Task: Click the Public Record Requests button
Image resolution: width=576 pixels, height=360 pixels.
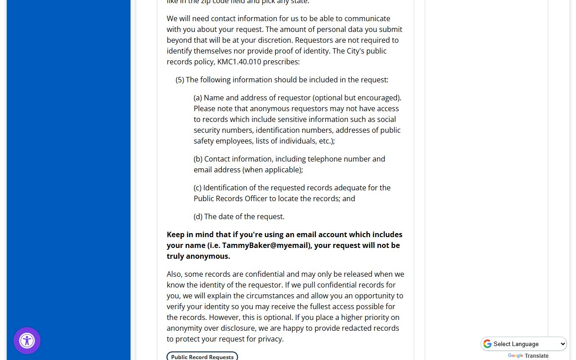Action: tap(202, 356)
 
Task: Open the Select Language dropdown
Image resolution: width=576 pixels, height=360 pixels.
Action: tap(524, 344)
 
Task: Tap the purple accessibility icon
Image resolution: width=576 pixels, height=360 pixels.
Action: tap(27, 341)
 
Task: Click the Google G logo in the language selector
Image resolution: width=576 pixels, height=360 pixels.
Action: tap(487, 344)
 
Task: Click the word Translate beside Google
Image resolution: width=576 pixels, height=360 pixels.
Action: tap(536, 356)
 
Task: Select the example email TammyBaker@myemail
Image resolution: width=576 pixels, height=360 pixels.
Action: tap(266, 245)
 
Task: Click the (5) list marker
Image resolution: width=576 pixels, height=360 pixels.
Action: tap(180, 80)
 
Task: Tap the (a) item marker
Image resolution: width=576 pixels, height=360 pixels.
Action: tap(198, 98)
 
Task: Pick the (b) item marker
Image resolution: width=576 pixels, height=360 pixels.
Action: tap(198, 159)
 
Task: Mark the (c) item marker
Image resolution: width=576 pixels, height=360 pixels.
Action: tap(198, 188)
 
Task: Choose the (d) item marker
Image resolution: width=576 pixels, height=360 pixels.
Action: tap(198, 216)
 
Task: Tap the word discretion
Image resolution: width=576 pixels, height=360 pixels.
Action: tap(274, 40)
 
